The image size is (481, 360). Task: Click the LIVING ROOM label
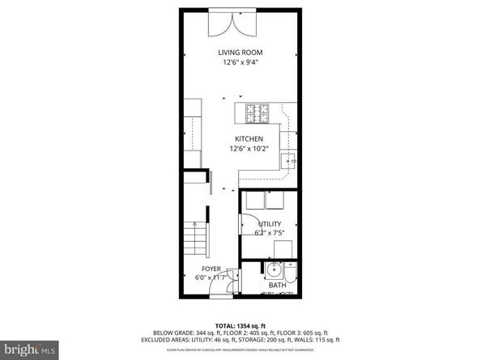point(240,53)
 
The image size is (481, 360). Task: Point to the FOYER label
point(211,269)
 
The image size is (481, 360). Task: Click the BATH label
point(277,285)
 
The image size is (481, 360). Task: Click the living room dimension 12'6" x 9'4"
point(240,62)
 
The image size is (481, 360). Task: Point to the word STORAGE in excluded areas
point(256,340)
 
